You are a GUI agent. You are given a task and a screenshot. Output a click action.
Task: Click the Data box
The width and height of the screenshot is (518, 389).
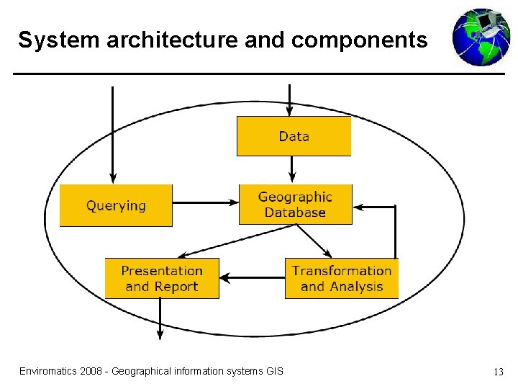[x=294, y=136]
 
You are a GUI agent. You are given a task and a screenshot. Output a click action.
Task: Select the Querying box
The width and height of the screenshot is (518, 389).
[x=116, y=205]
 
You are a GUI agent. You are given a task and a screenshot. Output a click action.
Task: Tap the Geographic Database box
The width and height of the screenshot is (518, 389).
[x=295, y=205]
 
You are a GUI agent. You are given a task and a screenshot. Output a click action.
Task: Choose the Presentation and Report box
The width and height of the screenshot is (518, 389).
[x=162, y=278]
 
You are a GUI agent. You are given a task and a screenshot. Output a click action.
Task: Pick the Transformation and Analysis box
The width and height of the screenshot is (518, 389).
[x=341, y=278]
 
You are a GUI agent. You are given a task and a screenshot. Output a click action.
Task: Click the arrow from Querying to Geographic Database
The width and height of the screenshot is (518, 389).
[x=206, y=203]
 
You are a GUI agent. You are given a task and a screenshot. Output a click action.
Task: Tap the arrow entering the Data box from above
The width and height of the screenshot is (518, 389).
[x=289, y=100]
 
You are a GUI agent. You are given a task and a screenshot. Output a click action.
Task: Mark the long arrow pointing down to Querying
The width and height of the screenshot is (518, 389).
[x=112, y=133]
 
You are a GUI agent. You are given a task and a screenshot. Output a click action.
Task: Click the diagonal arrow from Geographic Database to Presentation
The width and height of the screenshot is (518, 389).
[x=237, y=241]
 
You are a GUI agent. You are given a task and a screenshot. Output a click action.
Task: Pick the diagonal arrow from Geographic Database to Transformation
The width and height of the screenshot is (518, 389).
[x=314, y=241]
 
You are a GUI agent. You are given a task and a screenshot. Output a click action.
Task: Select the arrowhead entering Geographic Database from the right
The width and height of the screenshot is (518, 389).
[x=360, y=207]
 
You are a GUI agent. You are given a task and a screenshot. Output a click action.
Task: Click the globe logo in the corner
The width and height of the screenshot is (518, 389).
[x=481, y=37]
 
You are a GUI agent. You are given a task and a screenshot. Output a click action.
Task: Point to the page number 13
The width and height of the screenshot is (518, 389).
[x=498, y=372]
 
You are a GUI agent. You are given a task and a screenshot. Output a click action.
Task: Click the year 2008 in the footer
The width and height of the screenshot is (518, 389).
[x=91, y=371]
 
